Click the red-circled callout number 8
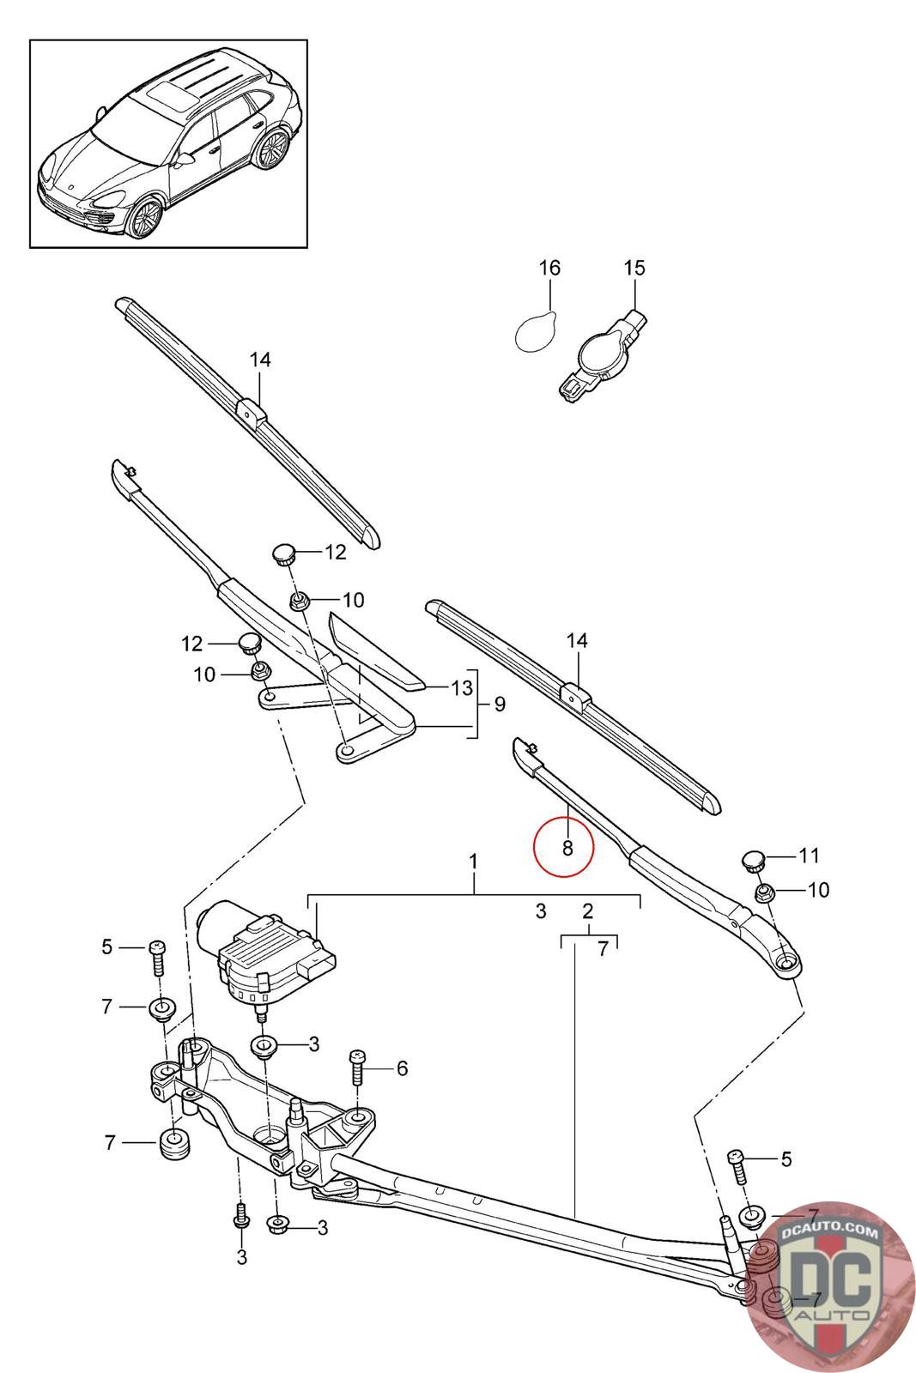tap(567, 848)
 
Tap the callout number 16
tap(549, 268)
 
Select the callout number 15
tap(634, 268)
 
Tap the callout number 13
tap(462, 687)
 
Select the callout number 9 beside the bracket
tap(500, 705)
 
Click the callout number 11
tap(809, 855)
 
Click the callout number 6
tap(403, 1068)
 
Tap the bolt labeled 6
tap(357, 1068)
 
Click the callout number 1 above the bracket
tap(473, 862)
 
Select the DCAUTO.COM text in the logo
tap(829, 1231)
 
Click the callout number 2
tap(587, 910)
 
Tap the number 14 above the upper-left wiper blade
tap(260, 360)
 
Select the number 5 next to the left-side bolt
tap(107, 947)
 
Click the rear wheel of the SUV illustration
tap(271, 149)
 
